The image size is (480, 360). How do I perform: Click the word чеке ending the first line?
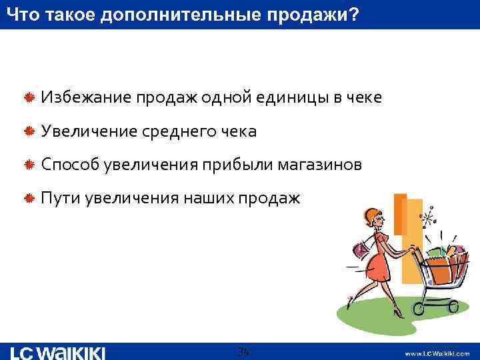click(x=363, y=99)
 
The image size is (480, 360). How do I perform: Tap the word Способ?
click(x=69, y=165)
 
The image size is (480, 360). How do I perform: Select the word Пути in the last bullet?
click(x=58, y=198)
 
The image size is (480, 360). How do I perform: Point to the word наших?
click(x=206, y=198)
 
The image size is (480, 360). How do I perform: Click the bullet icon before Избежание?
click(x=29, y=99)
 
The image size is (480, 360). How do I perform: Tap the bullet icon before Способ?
click(x=29, y=165)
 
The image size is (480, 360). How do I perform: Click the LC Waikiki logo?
click(x=58, y=352)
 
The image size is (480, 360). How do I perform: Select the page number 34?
click(x=243, y=351)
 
